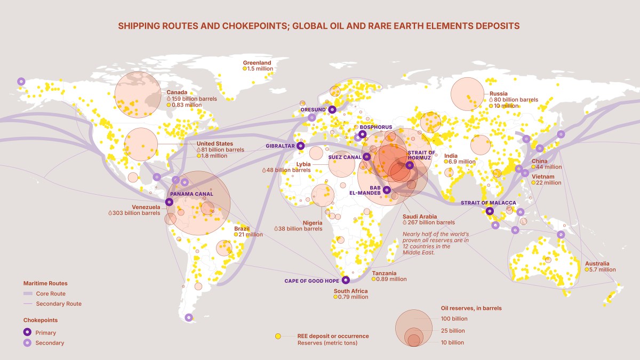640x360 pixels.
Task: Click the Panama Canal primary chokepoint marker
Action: pyautogui.click(x=169, y=202)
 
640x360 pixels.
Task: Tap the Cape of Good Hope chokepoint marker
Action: pyautogui.click(x=346, y=279)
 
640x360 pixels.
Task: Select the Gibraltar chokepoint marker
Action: pyautogui.click(x=301, y=146)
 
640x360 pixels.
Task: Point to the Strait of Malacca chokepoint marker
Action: pyautogui.click(x=490, y=211)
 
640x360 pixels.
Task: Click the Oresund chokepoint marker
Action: pyautogui.click(x=332, y=109)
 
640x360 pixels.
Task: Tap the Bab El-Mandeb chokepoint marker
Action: pyautogui.click(x=387, y=190)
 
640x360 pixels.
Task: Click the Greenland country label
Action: pyautogui.click(x=258, y=62)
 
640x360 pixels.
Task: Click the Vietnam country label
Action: pyautogui.click(x=543, y=177)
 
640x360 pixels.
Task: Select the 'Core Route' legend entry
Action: pyautogui.click(x=51, y=294)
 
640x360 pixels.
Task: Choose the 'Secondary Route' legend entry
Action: pyautogui.click(x=58, y=304)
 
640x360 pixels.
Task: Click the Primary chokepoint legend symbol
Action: pyautogui.click(x=27, y=333)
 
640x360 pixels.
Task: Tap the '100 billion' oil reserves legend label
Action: pyautogui.click(x=454, y=319)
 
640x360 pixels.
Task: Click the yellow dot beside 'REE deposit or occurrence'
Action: pyautogui.click(x=278, y=337)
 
